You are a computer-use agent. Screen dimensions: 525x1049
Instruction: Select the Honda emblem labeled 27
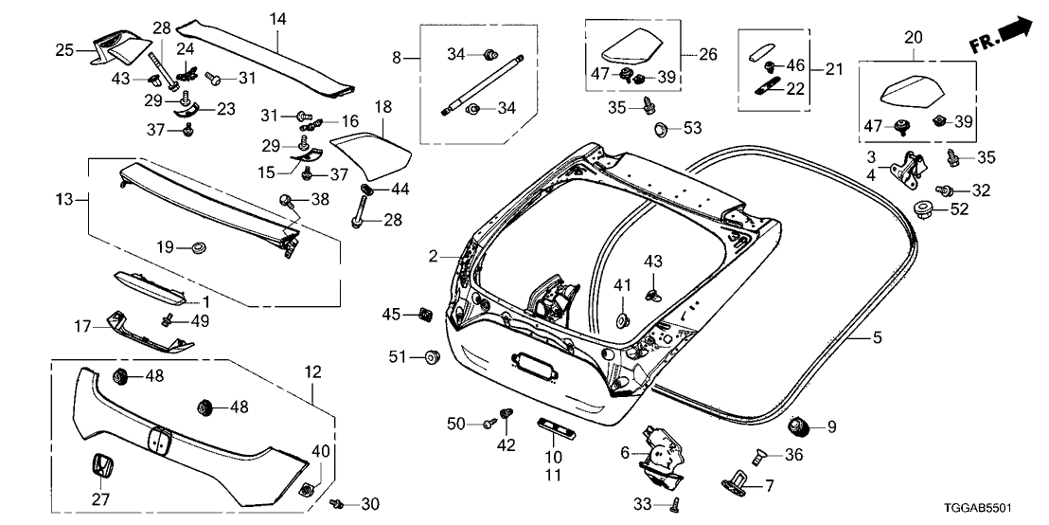[x=100, y=468]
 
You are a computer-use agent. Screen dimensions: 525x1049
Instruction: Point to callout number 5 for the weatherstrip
[x=876, y=336]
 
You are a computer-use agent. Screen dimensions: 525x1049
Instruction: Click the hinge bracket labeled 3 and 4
[x=906, y=171]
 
